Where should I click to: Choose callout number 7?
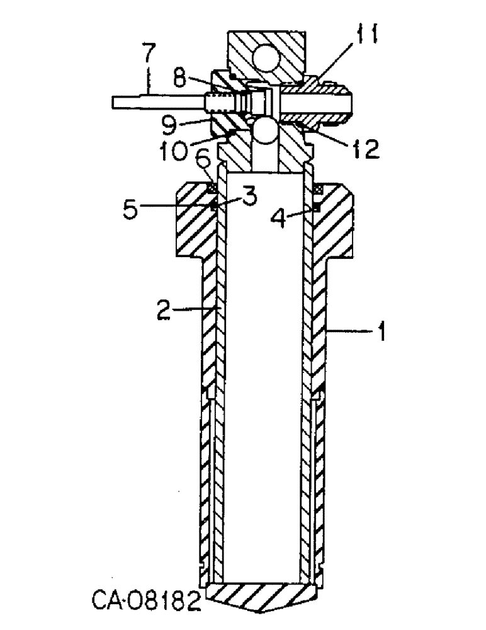pyautogui.click(x=147, y=56)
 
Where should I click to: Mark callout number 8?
pyautogui.click(x=179, y=79)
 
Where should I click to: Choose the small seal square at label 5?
pyautogui.click(x=213, y=205)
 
